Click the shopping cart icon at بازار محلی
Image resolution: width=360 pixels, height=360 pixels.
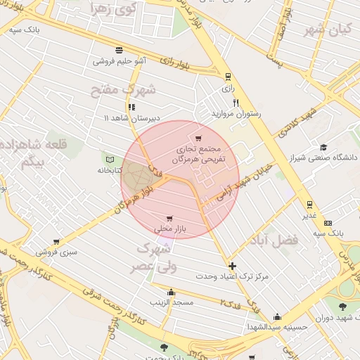tap(169, 218)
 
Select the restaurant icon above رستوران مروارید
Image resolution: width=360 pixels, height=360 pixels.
tap(236, 103)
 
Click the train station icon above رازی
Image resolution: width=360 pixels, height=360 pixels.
tap(227, 77)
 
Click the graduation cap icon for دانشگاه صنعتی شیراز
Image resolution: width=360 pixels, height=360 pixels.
tap(323, 147)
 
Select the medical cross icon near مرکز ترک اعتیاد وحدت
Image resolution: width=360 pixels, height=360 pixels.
tap(232, 266)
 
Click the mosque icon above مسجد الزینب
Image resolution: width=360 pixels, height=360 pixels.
tap(170, 292)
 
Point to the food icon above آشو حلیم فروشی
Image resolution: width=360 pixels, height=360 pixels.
tap(119, 50)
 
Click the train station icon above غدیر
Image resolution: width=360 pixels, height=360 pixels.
tap(309, 205)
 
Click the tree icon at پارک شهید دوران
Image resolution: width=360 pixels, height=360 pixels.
tap(342, 307)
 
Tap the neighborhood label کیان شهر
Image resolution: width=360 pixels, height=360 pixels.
tap(326, 30)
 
